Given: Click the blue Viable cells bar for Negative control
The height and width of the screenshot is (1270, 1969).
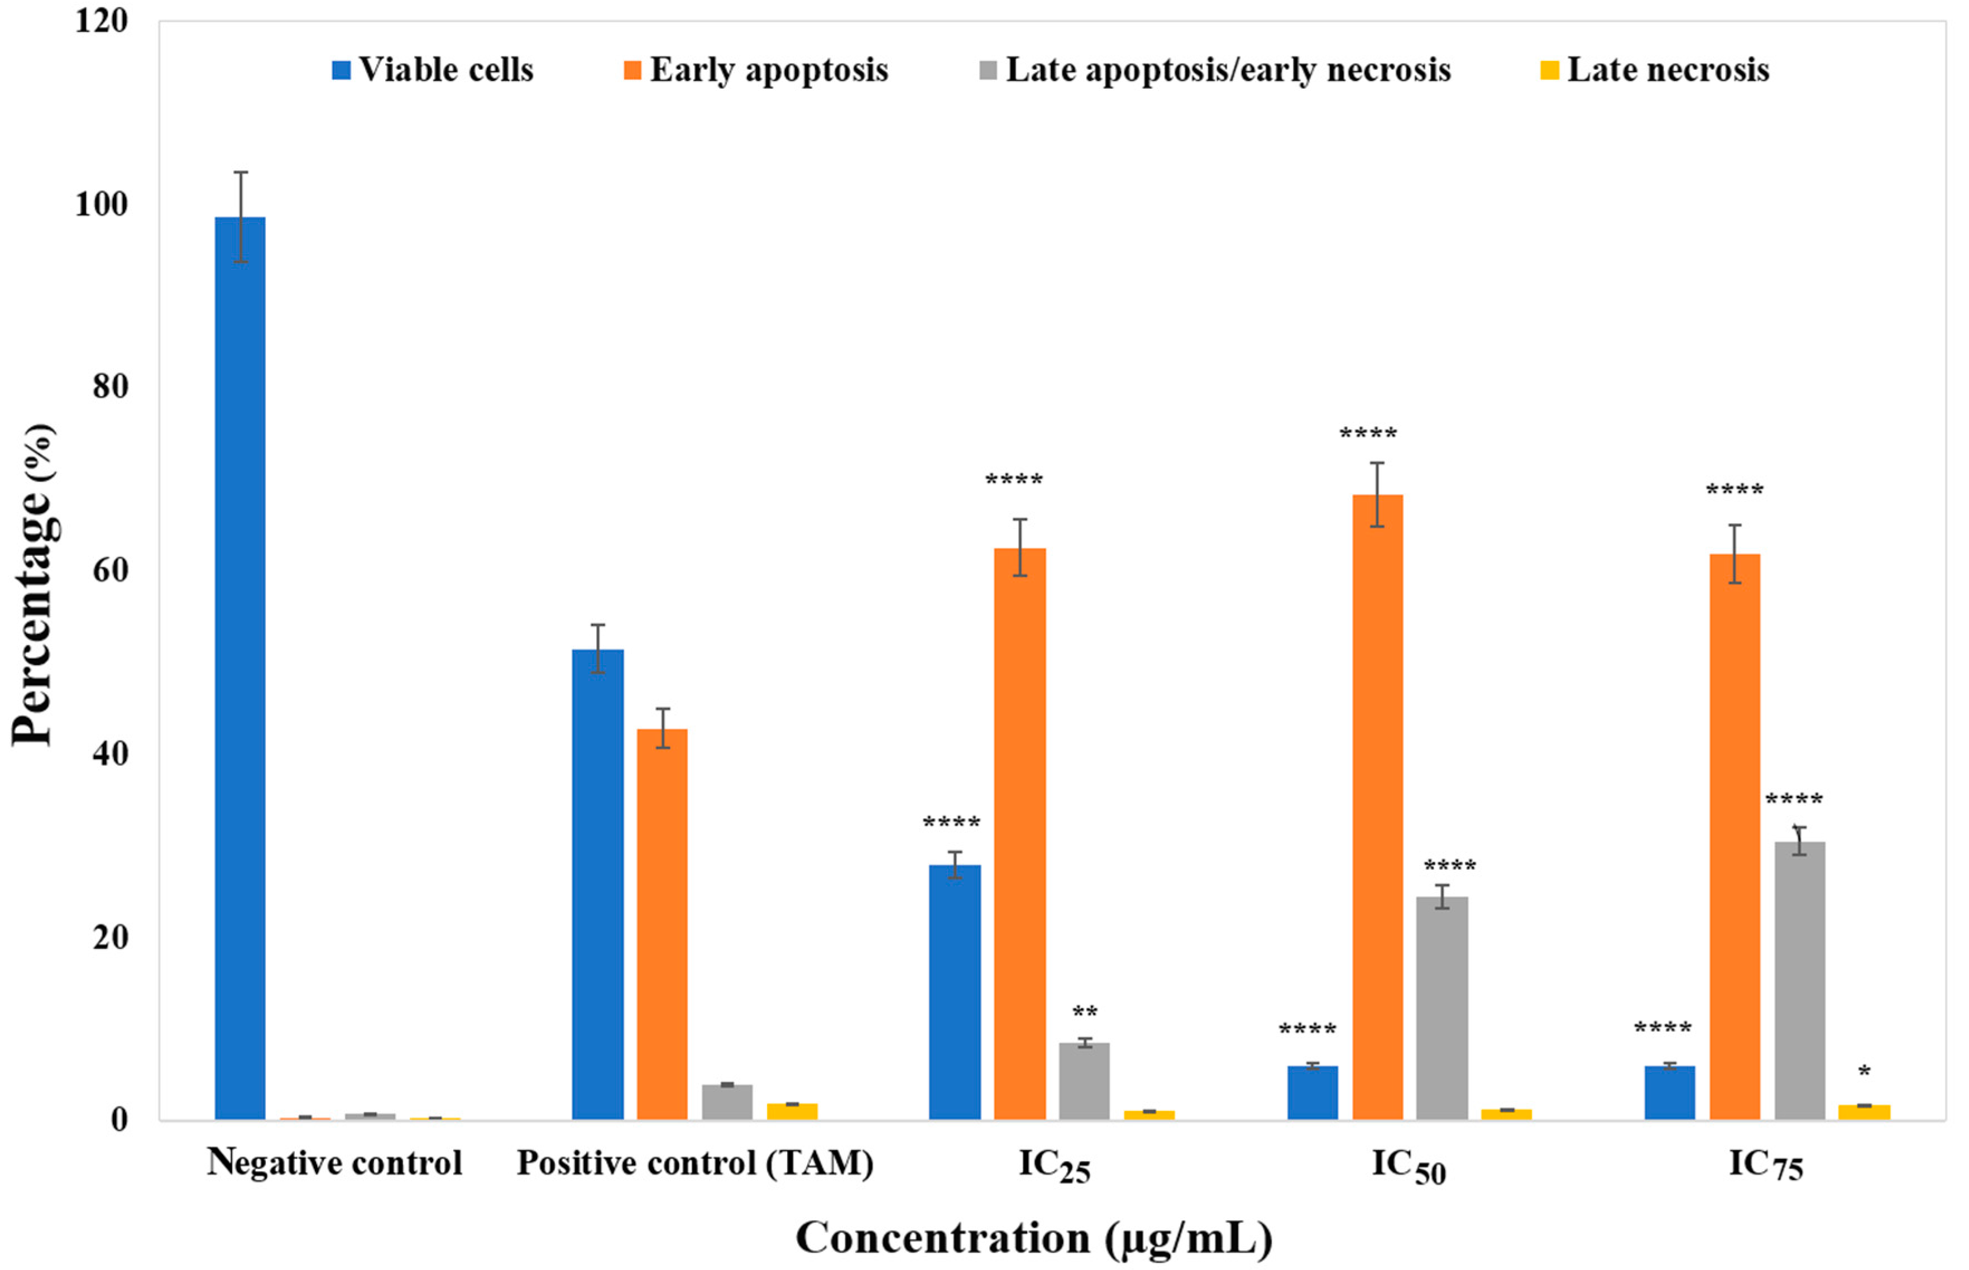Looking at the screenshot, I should tap(240, 668).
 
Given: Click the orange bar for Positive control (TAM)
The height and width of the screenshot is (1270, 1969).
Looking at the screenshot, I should tap(662, 924).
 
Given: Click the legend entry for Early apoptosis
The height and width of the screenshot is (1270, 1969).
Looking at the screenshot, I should tap(756, 70).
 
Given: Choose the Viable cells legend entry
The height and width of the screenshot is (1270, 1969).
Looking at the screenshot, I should tap(433, 70).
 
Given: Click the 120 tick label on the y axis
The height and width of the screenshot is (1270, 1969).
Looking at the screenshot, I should tap(102, 21).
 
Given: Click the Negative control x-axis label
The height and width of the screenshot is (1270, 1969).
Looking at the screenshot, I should tap(334, 1163).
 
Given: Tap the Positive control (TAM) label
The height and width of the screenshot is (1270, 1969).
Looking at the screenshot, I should tap(695, 1163).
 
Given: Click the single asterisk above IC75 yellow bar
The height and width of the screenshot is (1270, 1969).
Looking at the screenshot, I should tap(1865, 1072).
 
